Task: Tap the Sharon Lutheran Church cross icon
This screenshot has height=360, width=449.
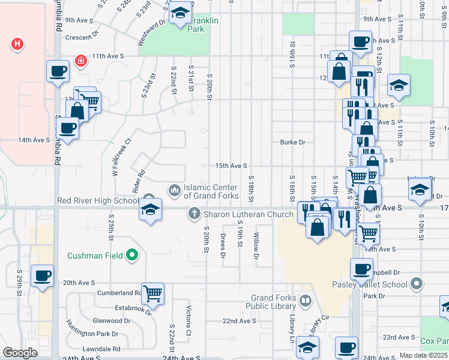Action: point(194,213)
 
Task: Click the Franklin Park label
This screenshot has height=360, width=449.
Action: point(203,25)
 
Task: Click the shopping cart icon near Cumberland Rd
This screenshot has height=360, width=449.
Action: point(153,293)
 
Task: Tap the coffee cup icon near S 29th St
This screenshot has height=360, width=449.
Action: point(42,275)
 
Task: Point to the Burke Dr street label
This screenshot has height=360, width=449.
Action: point(293,142)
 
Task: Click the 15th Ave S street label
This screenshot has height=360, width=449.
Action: point(231,166)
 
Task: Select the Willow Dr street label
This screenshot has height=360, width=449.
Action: point(256,247)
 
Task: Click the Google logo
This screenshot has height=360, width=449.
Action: point(20,353)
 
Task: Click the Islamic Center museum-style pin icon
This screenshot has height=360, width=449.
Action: point(175,190)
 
